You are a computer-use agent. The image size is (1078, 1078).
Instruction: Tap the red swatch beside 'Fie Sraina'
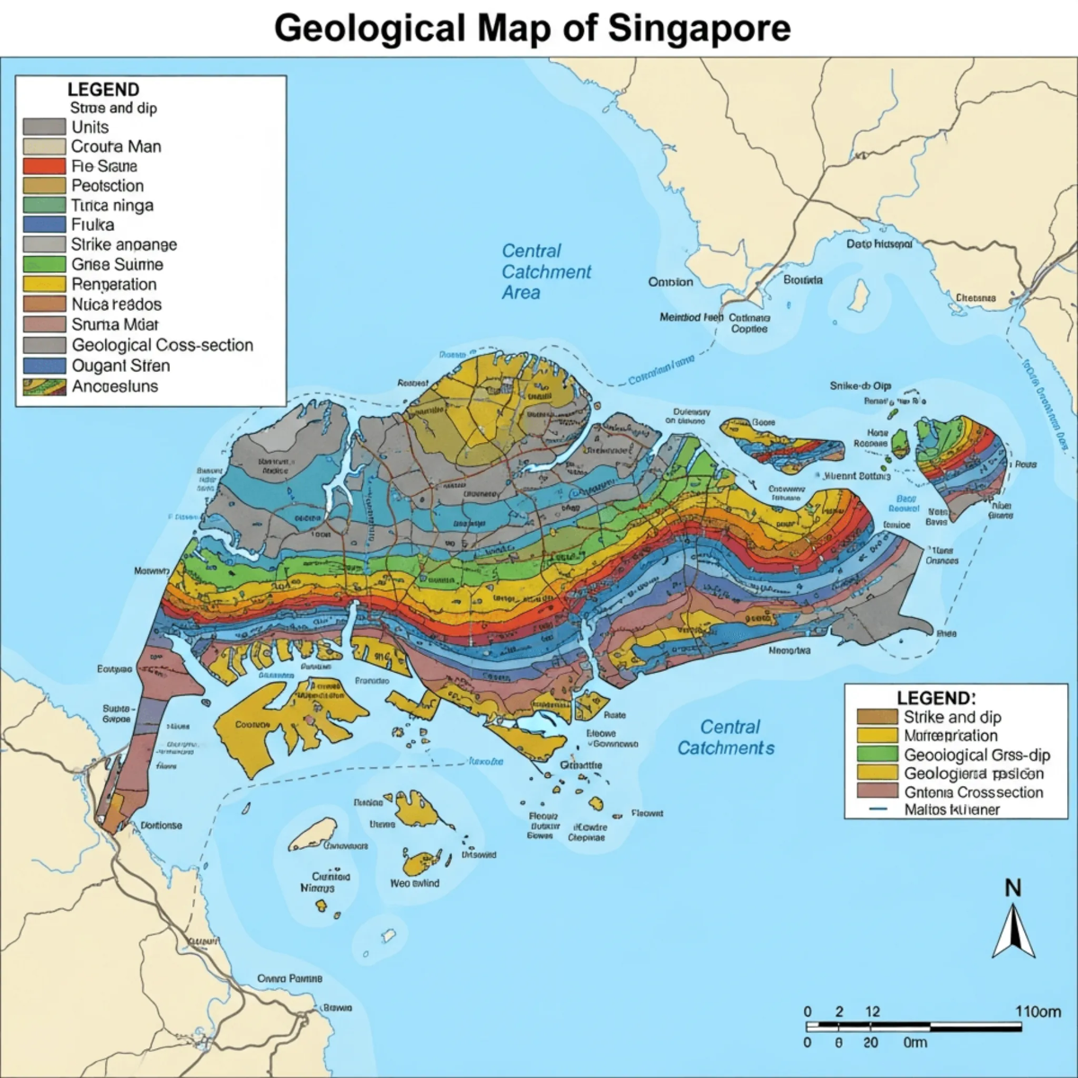[44, 166]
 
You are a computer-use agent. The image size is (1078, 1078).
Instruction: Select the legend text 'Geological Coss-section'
[162, 345]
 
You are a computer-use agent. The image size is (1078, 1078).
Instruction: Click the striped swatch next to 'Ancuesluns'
[44, 387]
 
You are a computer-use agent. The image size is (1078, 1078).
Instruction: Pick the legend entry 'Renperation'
[114, 285]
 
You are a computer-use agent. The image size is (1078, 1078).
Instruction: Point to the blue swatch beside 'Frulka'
[44, 225]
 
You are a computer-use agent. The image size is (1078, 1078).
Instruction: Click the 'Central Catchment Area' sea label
[545, 271]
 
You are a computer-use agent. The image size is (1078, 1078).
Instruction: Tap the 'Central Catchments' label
[726, 738]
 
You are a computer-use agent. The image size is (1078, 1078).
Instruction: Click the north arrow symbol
[1012, 931]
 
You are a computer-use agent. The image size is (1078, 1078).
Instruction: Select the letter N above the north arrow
[1012, 888]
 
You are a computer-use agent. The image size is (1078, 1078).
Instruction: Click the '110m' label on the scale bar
[1038, 1012]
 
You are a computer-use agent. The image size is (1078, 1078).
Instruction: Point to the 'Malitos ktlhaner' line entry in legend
[951, 809]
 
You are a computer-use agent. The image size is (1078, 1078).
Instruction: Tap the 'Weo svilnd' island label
[414, 883]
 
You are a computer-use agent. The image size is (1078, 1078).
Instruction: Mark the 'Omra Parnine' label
[289, 978]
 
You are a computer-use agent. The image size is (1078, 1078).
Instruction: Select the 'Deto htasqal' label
[879, 243]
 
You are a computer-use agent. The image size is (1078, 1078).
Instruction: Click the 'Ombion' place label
[670, 282]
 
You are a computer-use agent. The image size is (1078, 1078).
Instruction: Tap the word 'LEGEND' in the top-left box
[103, 90]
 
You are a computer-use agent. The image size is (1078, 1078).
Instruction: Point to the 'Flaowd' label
[647, 813]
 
